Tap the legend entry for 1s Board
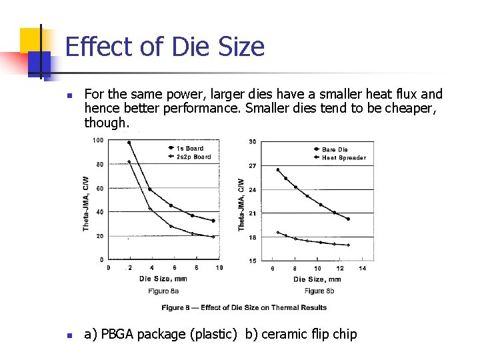point(190,148)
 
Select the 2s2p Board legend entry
point(193,157)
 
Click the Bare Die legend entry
point(335,149)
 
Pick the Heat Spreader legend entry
point(344,158)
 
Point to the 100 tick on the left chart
point(97,140)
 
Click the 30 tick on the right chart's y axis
point(251,141)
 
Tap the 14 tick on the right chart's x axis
point(362,269)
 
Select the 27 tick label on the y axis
point(252,165)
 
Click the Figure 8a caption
point(164,290)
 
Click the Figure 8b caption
point(318,290)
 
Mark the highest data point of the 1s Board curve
point(129,143)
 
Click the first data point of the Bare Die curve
point(278,170)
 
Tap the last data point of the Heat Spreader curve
point(348,245)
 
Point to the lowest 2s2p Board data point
point(213,237)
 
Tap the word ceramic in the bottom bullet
point(284,335)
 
